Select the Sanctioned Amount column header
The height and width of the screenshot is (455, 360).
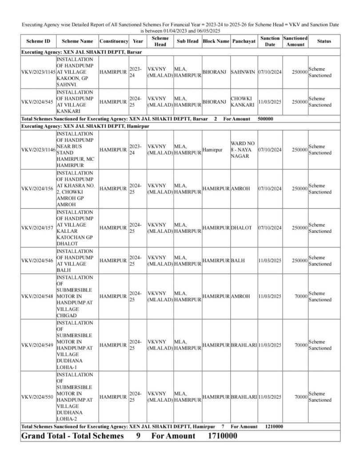tap(295, 41)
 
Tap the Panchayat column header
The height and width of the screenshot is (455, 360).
tap(244, 41)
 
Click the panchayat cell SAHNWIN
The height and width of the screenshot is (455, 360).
tap(243, 72)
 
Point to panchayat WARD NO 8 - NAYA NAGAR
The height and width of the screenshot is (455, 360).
tap(243, 150)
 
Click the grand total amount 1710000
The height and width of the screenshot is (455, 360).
tap(222, 436)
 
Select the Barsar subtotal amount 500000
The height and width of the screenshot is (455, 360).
tap(265, 120)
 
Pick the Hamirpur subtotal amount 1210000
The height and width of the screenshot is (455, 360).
tap(274, 427)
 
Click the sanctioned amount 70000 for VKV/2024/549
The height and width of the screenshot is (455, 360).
tap(301, 345)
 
